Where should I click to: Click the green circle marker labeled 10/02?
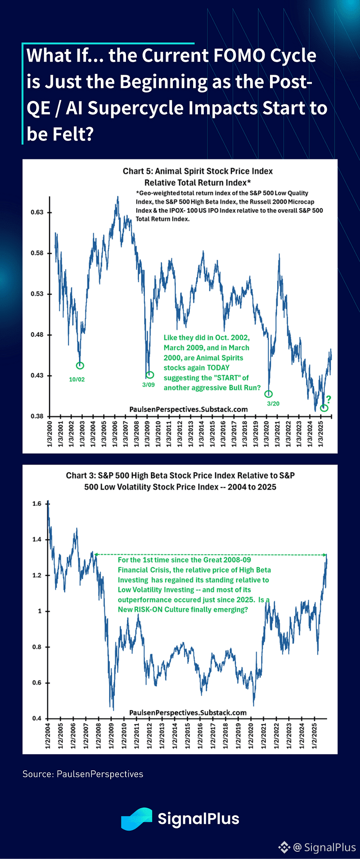tap(80, 366)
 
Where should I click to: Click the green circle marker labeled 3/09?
tap(150, 375)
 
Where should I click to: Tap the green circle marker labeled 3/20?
tap(269, 394)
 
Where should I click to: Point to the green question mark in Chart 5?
tap(328, 399)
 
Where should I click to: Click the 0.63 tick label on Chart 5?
tap(37, 212)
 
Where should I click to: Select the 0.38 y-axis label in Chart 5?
tap(37, 416)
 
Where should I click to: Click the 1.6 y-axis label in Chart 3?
tap(37, 504)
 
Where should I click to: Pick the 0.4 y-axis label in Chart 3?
tap(37, 718)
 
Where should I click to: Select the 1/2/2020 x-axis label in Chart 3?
tap(251, 736)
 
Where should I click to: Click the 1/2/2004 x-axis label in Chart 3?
tap(48, 736)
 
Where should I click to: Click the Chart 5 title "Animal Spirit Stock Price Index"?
tap(198, 171)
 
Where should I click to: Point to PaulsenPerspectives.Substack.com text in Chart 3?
tap(188, 713)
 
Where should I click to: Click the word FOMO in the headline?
tap(239, 56)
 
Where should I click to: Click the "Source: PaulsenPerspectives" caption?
tap(83, 774)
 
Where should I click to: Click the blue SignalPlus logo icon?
tap(136, 818)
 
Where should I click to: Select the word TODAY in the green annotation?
tap(218, 367)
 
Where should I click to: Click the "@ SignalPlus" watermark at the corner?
tap(324, 847)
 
